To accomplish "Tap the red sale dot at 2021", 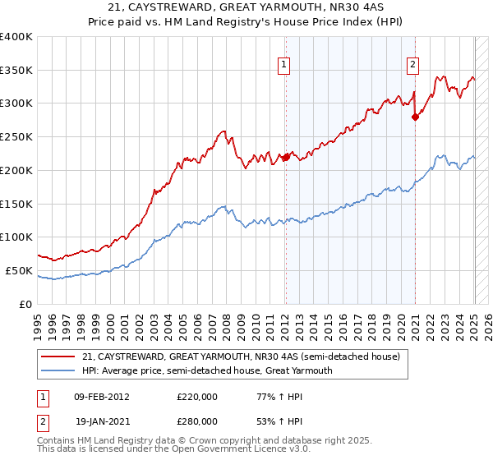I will click(x=415, y=117).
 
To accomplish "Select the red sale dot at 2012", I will click(x=286, y=157).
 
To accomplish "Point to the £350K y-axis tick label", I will click(x=16, y=71).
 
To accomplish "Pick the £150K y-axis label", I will click(x=16, y=204).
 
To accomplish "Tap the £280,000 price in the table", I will click(x=197, y=421).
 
